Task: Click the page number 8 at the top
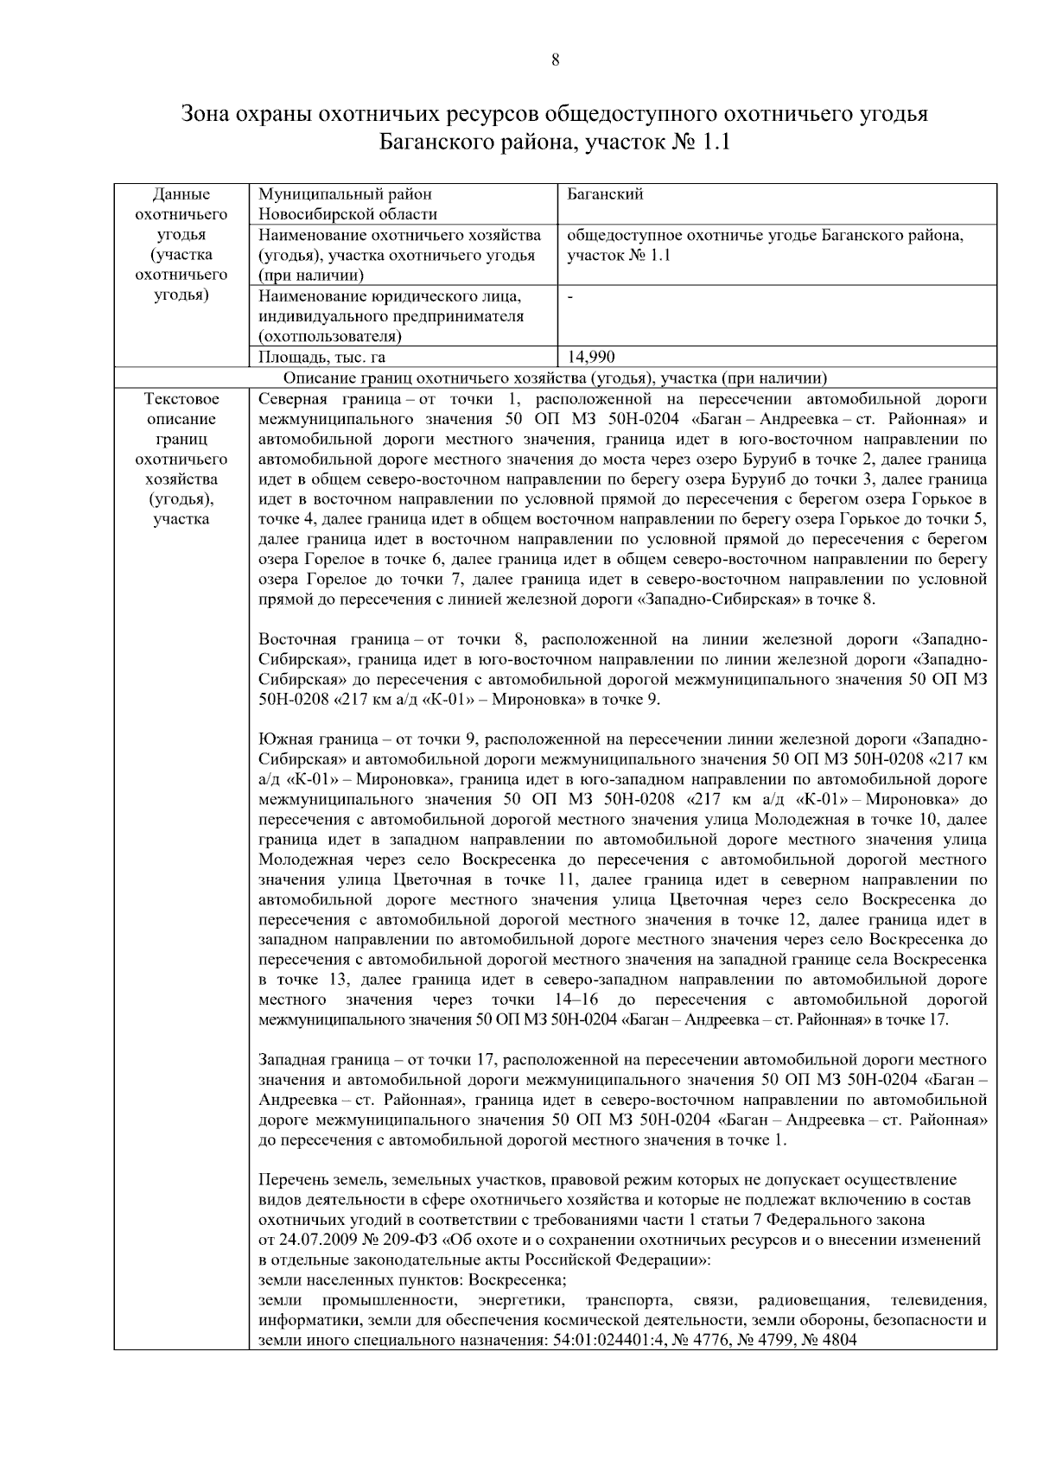click(554, 60)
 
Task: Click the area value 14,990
click(591, 357)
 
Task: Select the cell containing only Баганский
click(606, 194)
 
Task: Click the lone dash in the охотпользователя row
click(570, 296)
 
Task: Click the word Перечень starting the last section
click(293, 1180)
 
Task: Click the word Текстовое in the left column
click(181, 399)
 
